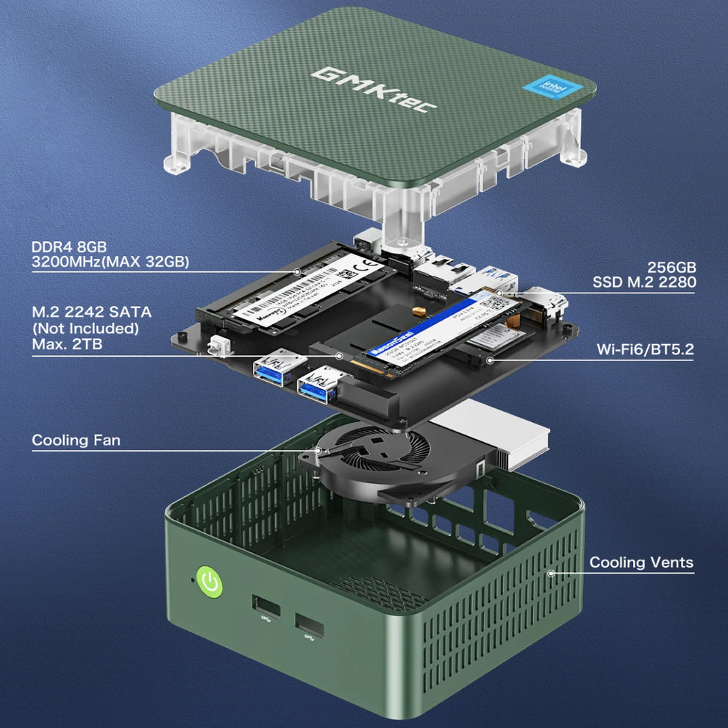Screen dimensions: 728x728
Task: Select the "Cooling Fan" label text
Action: tap(76, 440)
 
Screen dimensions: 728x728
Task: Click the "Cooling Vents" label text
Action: tap(641, 563)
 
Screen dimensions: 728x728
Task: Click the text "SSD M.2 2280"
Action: tap(644, 282)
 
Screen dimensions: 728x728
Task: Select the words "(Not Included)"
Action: tap(86, 328)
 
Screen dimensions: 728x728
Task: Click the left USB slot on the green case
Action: tap(266, 606)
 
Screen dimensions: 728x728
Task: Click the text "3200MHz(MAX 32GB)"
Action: tap(110, 262)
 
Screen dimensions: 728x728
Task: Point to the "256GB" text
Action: tap(671, 267)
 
